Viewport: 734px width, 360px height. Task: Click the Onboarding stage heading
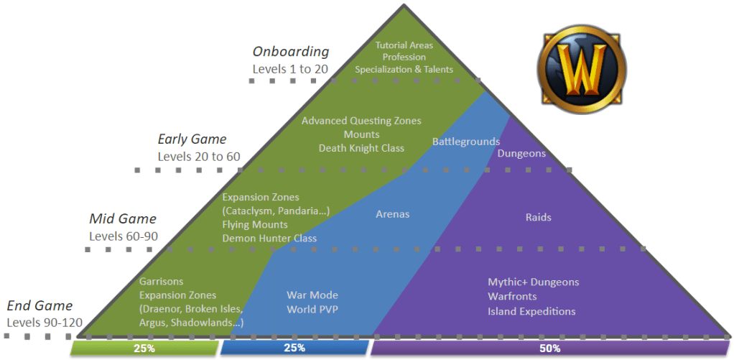[x=291, y=52]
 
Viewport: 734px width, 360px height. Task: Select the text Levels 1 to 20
[x=290, y=69]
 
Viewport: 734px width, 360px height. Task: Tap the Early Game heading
[x=192, y=139]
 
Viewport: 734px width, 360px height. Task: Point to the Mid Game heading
[x=123, y=219]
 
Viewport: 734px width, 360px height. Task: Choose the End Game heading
[x=40, y=306]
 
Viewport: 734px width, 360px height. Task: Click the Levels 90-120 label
[x=45, y=323]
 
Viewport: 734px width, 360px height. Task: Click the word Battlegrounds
[x=466, y=142]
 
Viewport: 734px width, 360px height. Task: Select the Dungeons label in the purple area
[x=521, y=154]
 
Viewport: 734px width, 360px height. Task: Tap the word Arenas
[x=393, y=214]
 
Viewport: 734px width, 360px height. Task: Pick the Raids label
[x=539, y=217]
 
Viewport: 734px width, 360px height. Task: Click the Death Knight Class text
[x=361, y=148]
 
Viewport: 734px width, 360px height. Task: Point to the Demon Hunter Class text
[x=269, y=239]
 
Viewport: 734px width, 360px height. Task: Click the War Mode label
[x=312, y=295]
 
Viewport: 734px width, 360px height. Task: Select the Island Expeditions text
[x=531, y=311]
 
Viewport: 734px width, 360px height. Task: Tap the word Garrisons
[x=161, y=282]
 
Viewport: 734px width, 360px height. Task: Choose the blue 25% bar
[x=294, y=349]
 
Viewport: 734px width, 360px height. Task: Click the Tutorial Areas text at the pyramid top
[x=404, y=45]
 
